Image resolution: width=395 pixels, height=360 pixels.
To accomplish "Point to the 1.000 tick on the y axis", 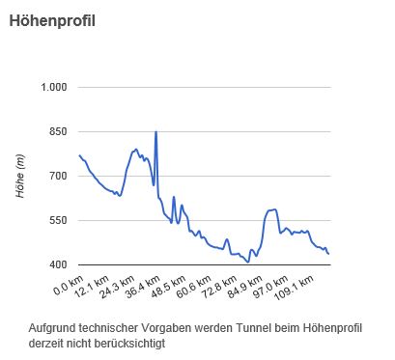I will click(52, 88).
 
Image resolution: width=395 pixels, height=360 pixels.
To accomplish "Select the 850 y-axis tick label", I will click(57, 132).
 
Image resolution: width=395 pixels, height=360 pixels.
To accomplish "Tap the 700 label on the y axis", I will click(57, 177).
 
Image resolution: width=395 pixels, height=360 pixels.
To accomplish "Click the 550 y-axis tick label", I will click(57, 221).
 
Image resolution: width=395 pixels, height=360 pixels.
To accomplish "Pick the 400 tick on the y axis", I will click(57, 265).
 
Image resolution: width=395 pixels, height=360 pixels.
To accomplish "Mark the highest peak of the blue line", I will click(155, 132).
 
